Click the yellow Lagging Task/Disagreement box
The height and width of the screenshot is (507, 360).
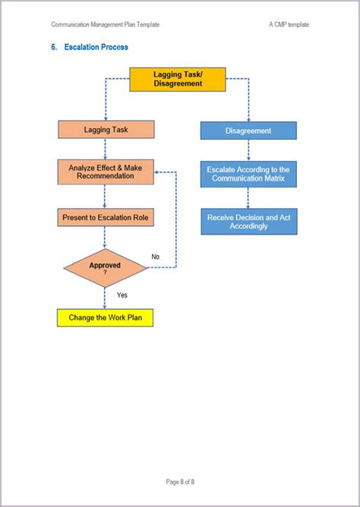(x=178, y=79)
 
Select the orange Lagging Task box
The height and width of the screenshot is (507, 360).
(x=105, y=130)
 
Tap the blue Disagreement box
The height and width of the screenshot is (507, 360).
(x=248, y=131)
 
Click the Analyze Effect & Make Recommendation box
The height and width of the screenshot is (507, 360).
(x=105, y=172)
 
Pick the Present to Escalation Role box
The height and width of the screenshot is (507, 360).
(x=105, y=218)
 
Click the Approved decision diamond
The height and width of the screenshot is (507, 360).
(x=105, y=267)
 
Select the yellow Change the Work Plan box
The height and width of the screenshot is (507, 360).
(x=105, y=317)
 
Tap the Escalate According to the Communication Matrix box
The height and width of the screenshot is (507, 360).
(x=248, y=175)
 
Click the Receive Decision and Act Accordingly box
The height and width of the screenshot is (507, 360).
(x=248, y=222)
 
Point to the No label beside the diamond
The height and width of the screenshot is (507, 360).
(x=156, y=257)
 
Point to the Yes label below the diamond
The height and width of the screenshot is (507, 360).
(x=122, y=294)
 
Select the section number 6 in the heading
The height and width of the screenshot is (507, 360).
(x=55, y=47)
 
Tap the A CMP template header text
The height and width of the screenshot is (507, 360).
(x=289, y=24)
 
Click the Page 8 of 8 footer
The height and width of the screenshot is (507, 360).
(x=180, y=481)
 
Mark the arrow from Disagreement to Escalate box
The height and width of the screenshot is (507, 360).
(x=248, y=150)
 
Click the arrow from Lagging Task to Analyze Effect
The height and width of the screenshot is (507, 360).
(x=105, y=149)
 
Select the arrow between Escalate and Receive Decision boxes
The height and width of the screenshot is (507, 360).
(x=248, y=197)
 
